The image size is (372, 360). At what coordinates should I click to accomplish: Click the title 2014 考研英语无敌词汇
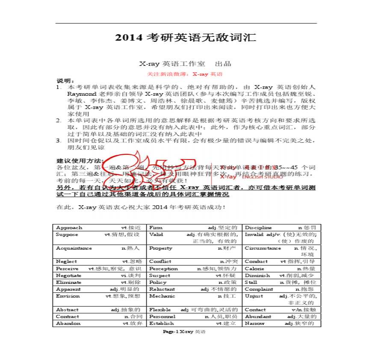pyautogui.click(x=186, y=38)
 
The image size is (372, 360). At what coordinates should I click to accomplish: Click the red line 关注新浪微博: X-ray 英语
pyautogui.click(x=186, y=74)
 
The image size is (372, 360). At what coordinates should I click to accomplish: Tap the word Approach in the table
pyautogui.click(x=69, y=227)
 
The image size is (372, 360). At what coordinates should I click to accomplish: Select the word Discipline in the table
pyautogui.click(x=258, y=227)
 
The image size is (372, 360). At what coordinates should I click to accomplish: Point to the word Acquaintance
pyautogui.click(x=74, y=248)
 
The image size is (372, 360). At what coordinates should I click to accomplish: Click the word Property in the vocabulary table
pyautogui.click(x=160, y=248)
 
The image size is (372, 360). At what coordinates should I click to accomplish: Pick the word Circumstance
pyautogui.click(x=263, y=248)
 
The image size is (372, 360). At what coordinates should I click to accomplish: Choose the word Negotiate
pyautogui.click(x=68, y=275)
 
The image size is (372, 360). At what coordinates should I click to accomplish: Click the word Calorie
pyautogui.click(x=254, y=269)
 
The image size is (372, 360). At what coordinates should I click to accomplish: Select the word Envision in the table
pyautogui.click(x=68, y=296)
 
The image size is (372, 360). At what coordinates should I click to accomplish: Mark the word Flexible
pyautogui.click(x=159, y=310)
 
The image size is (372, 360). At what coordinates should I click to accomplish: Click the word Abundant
pyautogui.click(x=258, y=316)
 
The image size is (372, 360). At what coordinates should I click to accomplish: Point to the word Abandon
pyautogui.click(x=68, y=323)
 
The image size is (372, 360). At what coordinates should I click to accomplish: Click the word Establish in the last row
pyautogui.click(x=161, y=323)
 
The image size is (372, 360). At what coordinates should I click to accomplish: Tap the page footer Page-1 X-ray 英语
pyautogui.click(x=184, y=331)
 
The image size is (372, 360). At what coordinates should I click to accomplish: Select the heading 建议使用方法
pyautogui.click(x=80, y=161)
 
